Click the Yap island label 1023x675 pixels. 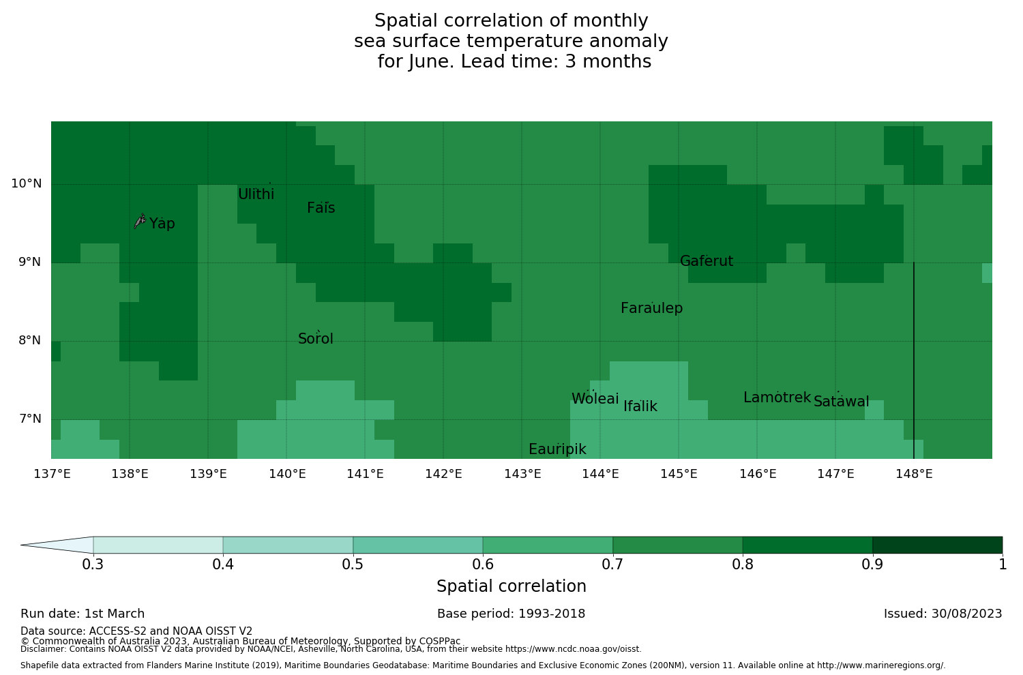point(162,224)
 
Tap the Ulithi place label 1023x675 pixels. point(256,194)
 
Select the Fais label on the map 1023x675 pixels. point(321,208)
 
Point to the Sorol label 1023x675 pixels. point(316,339)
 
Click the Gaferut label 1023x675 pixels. point(707,261)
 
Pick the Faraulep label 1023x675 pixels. point(651,308)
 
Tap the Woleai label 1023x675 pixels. point(595,399)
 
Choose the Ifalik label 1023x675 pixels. point(640,406)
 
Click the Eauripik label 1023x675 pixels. point(557,449)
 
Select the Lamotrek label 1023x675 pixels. point(777,397)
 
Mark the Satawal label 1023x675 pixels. point(841,402)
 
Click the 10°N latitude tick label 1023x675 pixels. point(26,183)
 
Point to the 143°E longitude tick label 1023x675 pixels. point(522,474)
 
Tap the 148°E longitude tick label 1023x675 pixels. point(914,474)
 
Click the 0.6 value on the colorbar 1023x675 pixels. point(483,565)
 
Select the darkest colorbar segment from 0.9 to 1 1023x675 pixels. point(937,545)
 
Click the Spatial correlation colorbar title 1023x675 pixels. point(512,586)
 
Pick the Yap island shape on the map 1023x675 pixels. point(140,220)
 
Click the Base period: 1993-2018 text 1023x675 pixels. point(512,614)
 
